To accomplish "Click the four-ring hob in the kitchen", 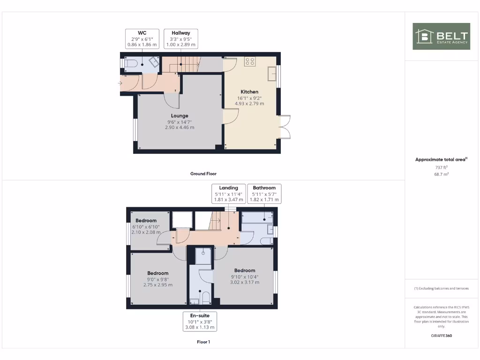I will (x=249, y=61).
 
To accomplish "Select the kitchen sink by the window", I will (x=271, y=74).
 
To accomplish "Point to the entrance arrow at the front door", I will (x=121, y=83).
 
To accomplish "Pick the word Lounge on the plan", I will (x=180, y=116).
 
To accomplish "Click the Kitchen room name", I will (x=249, y=92).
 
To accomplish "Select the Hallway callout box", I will (x=180, y=38).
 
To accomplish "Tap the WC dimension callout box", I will (x=142, y=38).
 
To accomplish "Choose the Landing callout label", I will (x=229, y=194).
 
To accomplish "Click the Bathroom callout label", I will (x=264, y=194).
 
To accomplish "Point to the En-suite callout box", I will (x=199, y=322).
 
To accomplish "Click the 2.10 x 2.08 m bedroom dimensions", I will (x=145, y=232).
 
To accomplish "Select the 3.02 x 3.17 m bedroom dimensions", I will (x=245, y=282).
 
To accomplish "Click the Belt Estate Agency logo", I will (x=441, y=36).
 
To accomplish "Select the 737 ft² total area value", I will (x=441, y=167).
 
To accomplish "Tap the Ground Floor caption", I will (x=203, y=173).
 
